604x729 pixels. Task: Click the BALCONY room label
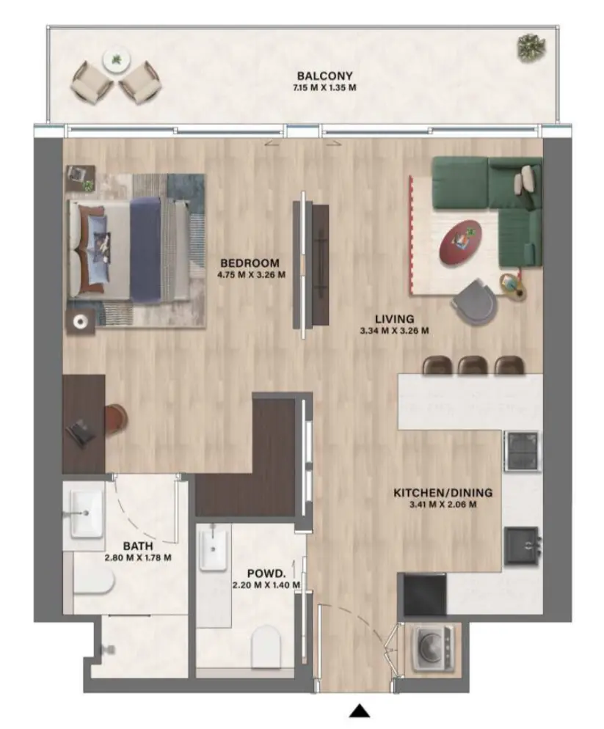[324, 76]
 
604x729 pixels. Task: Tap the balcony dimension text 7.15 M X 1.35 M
[324, 88]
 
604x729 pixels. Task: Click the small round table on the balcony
[115, 60]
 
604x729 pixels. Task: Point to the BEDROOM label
[251, 263]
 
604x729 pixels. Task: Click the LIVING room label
[394, 319]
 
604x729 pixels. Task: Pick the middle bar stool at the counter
[471, 364]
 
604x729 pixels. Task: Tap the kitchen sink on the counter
[523, 545]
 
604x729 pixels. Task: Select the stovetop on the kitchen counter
[522, 450]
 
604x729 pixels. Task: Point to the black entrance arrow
[359, 710]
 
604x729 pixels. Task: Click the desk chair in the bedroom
[117, 418]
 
